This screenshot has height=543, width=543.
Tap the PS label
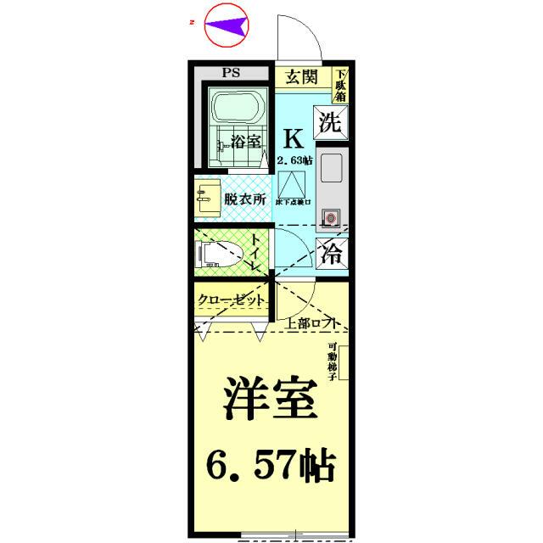(231, 73)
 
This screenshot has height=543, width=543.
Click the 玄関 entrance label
(300, 77)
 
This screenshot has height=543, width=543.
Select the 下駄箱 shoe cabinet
(339, 86)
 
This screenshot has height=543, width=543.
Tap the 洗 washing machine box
(330, 122)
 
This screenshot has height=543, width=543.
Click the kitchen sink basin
(330, 169)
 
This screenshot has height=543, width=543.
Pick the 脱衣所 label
(245, 200)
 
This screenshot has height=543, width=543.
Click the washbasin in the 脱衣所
(204, 200)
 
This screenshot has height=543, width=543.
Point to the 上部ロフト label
(313, 323)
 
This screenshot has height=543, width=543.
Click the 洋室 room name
(270, 399)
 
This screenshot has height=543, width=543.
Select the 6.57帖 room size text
(271, 465)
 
